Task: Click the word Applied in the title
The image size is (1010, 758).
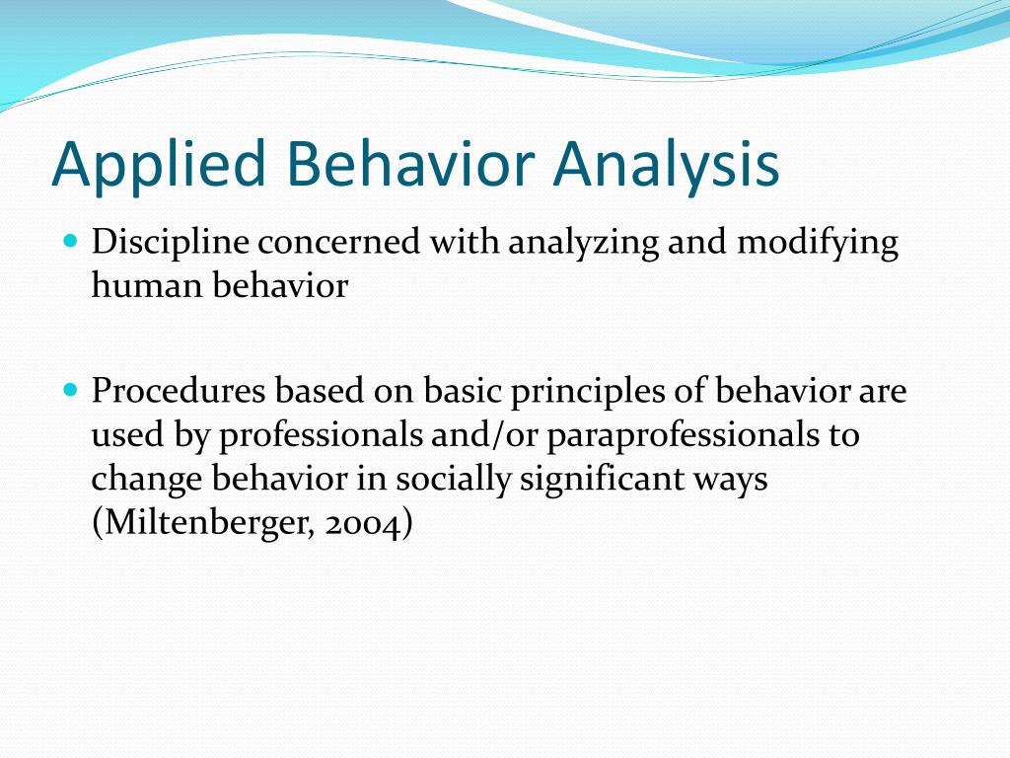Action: pyautogui.click(x=159, y=165)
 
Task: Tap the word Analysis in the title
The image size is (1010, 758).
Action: pyautogui.click(x=666, y=165)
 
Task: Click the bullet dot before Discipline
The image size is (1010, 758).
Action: pyautogui.click(x=71, y=242)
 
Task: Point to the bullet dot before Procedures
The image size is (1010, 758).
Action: pyautogui.click(x=71, y=390)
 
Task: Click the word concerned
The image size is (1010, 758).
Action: pyautogui.click(x=339, y=243)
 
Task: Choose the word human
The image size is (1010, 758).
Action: pyautogui.click(x=148, y=285)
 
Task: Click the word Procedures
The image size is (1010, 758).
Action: pyautogui.click(x=179, y=391)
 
